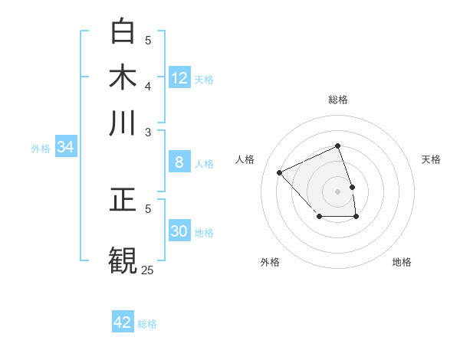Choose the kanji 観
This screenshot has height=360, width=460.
(123, 259)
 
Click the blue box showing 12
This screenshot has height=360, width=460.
(179, 77)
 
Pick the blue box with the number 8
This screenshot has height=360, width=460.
(179, 162)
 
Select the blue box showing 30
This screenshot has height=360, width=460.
(179, 231)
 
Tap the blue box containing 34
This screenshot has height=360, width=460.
(65, 147)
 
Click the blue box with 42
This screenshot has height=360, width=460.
(123, 322)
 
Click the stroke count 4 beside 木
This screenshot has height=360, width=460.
(148, 85)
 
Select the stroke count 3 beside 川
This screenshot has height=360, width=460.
(148, 131)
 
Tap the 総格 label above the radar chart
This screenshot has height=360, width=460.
(337, 100)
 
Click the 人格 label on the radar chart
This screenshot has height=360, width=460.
(245, 159)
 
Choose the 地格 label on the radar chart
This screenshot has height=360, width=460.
(402, 262)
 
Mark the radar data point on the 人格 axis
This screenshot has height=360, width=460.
(280, 172)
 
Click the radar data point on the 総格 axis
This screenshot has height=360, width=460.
(337, 146)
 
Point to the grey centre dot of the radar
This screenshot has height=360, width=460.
(337, 191)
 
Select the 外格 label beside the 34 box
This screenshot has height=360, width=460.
(41, 149)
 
